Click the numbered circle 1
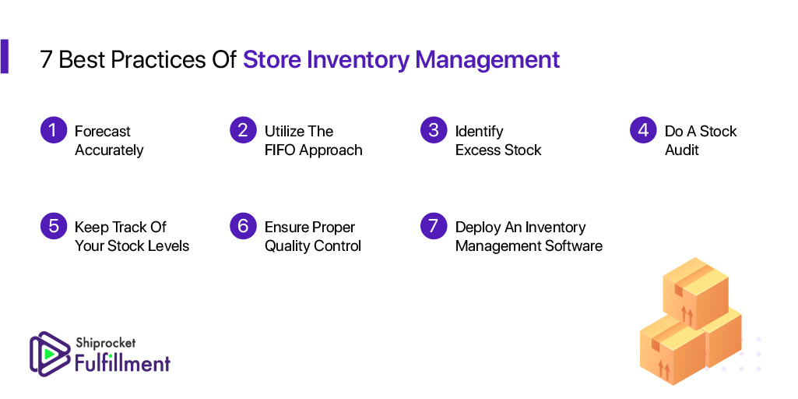(54, 130)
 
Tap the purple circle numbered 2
(243, 130)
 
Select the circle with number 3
(434, 130)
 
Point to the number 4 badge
(643, 130)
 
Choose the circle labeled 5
(54, 226)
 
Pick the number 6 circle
(243, 226)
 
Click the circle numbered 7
(434, 226)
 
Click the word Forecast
(103, 132)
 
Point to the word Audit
(682, 150)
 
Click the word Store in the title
(272, 60)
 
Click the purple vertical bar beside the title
(4, 57)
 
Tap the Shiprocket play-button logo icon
(50, 353)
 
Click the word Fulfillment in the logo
(123, 363)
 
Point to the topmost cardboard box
(696, 292)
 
